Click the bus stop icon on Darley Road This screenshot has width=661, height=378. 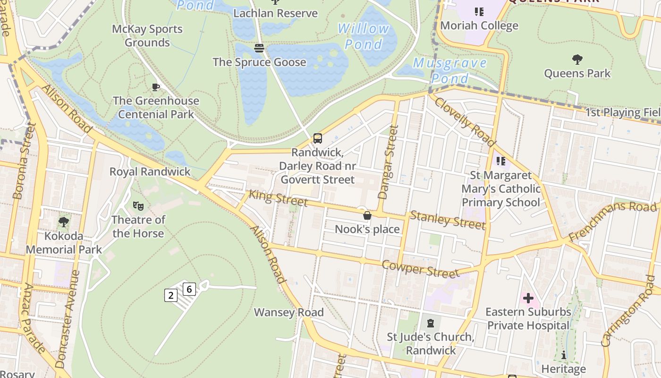pyautogui.click(x=318, y=138)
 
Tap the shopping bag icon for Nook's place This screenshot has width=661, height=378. pyautogui.click(x=367, y=216)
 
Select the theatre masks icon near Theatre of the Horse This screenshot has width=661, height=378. pyautogui.click(x=138, y=206)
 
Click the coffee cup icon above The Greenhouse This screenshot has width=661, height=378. pyautogui.click(x=155, y=87)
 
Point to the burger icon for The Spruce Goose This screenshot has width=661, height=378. pyautogui.click(x=259, y=48)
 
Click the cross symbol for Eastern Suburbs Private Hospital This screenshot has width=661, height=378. pyautogui.click(x=528, y=298)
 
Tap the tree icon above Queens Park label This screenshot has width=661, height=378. pyautogui.click(x=577, y=60)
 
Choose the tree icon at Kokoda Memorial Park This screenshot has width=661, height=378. pyautogui.click(x=64, y=222)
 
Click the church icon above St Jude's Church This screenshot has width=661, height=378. pyautogui.click(x=431, y=323)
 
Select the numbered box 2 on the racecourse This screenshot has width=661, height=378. pyautogui.click(x=170, y=296)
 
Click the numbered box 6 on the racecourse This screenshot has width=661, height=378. pyautogui.click(x=189, y=289)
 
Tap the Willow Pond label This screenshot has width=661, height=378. pyautogui.click(x=364, y=36)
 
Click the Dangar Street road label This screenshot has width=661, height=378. pyautogui.click(x=388, y=162)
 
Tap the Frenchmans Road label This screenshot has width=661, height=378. pyautogui.click(x=612, y=221)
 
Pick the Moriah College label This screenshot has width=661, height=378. pyautogui.click(x=479, y=26)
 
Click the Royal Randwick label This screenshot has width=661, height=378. pyautogui.click(x=150, y=172)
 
